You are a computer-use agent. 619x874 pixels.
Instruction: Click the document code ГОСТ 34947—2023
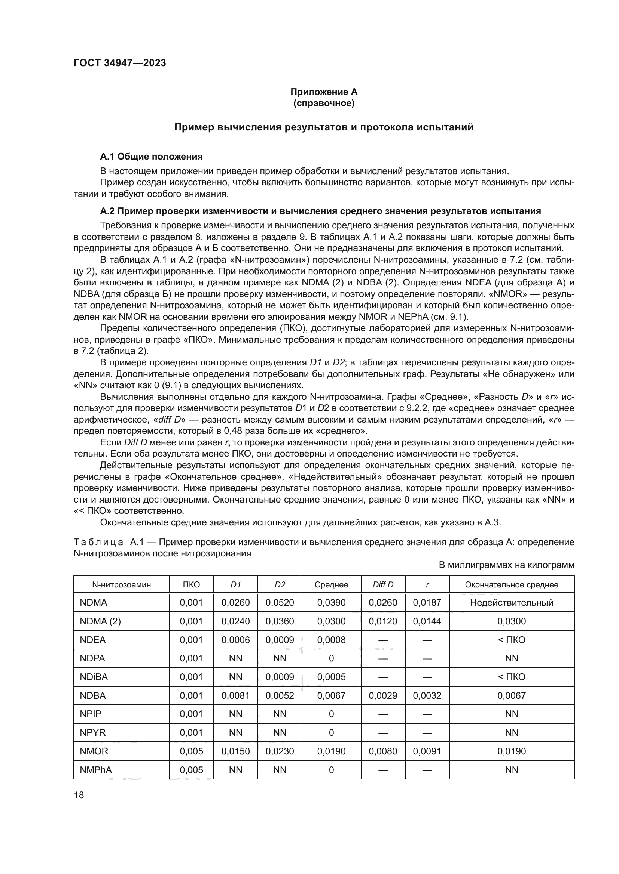pos(120,63)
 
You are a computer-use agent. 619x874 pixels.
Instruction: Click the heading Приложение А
pos(324,92)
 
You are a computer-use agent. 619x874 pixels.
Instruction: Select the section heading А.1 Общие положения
pos(151,157)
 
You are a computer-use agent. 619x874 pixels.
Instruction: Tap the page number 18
pos(79,795)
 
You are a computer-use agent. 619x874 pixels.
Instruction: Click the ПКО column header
pos(191,585)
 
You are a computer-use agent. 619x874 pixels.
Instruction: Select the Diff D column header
pos(383,585)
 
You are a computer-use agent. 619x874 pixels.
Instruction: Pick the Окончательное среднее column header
pos(511,585)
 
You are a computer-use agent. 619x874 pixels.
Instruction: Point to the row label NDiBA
pos(94,677)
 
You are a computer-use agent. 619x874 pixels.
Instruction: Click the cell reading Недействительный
pos(511,603)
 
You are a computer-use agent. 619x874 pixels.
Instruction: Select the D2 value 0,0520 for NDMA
pos(280,603)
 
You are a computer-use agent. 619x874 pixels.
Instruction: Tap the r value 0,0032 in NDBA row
pos(427,695)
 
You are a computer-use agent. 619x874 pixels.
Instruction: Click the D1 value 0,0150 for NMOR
pos(235,751)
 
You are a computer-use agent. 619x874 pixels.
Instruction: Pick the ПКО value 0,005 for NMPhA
pos(191,770)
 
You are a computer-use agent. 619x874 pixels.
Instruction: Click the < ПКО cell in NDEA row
pos(511,640)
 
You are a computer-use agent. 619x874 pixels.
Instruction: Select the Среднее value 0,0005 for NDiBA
pos(331,677)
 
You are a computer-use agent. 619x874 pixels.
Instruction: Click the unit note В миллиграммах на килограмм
pos(506,565)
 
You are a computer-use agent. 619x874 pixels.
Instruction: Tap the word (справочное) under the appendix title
pos(324,103)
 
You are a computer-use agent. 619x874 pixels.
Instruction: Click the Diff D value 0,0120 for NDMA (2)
pos(383,621)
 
